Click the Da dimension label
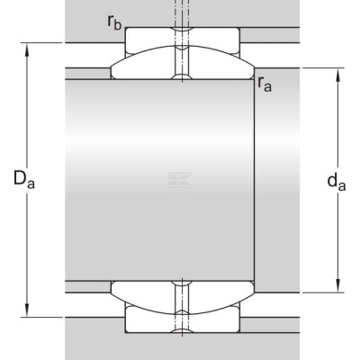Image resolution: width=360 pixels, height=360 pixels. coord(24,179)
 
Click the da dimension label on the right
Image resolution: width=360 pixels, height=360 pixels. coord(337,182)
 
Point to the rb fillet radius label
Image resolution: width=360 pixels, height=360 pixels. coord(114,22)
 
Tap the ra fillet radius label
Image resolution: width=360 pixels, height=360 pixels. coord(265,84)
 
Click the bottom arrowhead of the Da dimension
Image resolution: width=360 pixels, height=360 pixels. coord(27,310)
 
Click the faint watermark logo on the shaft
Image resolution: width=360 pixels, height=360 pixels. coord(180,180)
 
